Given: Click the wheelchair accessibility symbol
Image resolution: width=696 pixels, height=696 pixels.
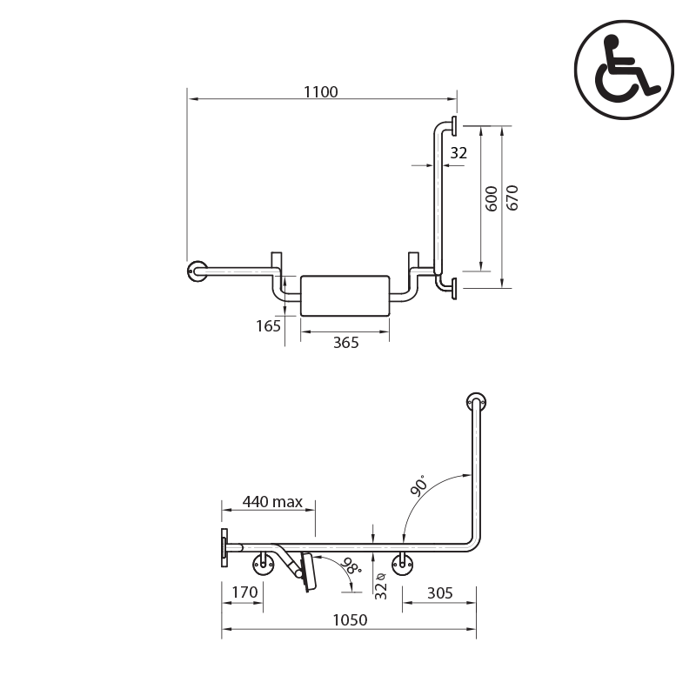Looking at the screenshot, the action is point(624,70).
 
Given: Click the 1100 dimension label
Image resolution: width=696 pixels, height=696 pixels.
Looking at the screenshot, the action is point(320,92).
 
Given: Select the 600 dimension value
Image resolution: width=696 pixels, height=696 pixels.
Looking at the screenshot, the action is point(492,198).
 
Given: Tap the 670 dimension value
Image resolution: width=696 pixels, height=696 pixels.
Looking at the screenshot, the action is point(512,197).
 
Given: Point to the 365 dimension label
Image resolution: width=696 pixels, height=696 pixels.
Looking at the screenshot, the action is point(345,343).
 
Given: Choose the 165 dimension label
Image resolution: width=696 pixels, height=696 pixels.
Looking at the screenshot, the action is point(268,326).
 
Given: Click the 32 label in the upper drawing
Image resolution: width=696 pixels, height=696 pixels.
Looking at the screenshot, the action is point(458,153).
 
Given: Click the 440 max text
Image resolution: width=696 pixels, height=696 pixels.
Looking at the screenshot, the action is point(272,502).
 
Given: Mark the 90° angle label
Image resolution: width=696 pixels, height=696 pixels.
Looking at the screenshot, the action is point(419,485).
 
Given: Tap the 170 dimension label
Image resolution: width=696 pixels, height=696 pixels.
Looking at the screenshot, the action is point(244,592).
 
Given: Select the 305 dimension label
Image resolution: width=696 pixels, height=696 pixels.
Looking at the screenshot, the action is point(440,593).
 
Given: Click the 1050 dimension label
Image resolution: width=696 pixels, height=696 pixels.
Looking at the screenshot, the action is point(350,620).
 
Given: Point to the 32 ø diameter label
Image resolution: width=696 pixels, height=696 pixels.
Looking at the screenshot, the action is point(381,586).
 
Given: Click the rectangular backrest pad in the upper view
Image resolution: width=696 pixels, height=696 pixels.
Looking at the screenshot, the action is point(345,296).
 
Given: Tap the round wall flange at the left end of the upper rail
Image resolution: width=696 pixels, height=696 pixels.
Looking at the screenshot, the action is point(197,271).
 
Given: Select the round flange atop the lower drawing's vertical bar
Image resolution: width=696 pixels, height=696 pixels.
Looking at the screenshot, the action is point(476,403).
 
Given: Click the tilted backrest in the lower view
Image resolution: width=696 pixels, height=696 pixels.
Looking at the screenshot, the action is point(308,572).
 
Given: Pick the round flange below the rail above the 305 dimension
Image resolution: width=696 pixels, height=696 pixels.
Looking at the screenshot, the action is point(402,565).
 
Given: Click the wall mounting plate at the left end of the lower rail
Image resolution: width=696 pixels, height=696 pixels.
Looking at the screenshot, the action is point(224,547).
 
